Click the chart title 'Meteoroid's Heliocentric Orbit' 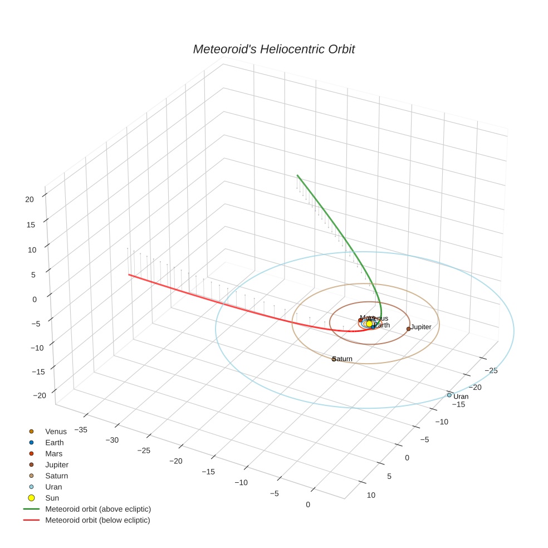point(273,49)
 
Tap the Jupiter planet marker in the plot point(408,329)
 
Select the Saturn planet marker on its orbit point(334,359)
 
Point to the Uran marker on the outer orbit point(449,395)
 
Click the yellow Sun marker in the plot point(369,324)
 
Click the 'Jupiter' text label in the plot point(422,327)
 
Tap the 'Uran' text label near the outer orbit point(461,397)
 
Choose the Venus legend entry point(56,431)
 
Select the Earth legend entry point(55,442)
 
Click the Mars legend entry point(54,453)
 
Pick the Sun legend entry point(52,498)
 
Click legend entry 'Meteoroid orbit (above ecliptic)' point(98,509)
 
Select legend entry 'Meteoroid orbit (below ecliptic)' point(98,520)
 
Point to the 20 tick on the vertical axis point(30,199)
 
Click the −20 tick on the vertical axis point(40,395)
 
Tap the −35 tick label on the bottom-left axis point(81,429)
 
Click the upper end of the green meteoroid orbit point(297,175)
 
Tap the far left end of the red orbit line point(129,275)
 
